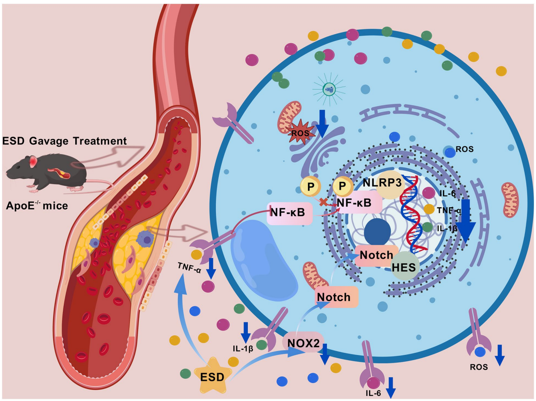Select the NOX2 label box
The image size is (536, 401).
tap(304, 342)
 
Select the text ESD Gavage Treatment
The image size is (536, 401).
tap(64, 140)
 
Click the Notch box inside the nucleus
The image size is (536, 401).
tap(377, 255)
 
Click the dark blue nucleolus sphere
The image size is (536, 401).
tap(377, 233)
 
